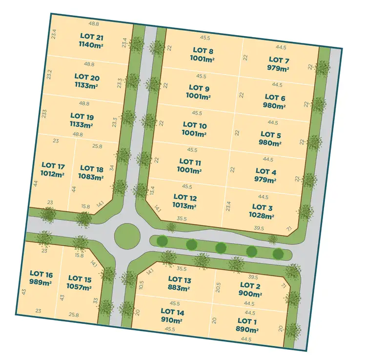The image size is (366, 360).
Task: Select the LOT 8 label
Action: tap(203, 50)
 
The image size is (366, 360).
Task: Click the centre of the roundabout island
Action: tap(126, 236)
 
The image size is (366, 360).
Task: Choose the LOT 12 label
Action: tap(185, 197)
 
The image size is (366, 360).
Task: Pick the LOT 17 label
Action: tap(54, 165)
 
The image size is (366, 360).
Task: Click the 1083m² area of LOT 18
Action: tap(91, 178)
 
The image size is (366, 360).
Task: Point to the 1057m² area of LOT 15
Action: tap(79, 288)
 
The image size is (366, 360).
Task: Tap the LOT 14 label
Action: tap(172, 311)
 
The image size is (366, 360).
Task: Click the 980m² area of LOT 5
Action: tap(270, 143)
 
